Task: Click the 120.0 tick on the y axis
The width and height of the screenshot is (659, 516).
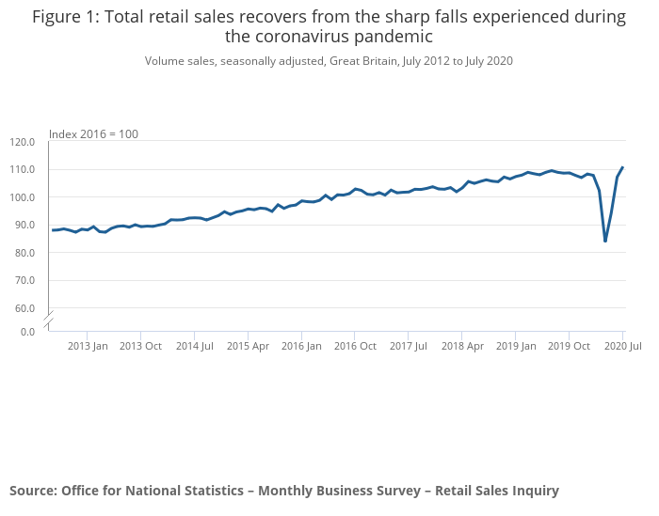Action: click(x=22, y=142)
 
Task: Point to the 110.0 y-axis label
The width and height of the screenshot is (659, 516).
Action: click(x=22, y=170)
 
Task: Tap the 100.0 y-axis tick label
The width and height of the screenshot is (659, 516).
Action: click(x=22, y=197)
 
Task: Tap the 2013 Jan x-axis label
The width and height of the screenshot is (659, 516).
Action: click(x=88, y=346)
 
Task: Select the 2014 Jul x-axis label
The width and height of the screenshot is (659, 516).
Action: click(x=194, y=346)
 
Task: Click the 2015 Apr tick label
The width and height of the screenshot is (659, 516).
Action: click(x=248, y=346)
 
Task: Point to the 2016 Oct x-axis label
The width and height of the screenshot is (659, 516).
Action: click(x=355, y=346)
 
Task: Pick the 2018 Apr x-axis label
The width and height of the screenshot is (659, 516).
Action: click(x=462, y=346)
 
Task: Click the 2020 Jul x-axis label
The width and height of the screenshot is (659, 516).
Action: click(x=622, y=346)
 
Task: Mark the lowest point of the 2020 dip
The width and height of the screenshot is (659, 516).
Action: click(x=605, y=242)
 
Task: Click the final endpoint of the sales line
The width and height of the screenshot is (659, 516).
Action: click(x=623, y=167)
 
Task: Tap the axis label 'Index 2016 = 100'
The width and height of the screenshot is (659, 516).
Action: click(x=93, y=134)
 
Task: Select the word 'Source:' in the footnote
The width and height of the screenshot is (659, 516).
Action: click(x=33, y=491)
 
